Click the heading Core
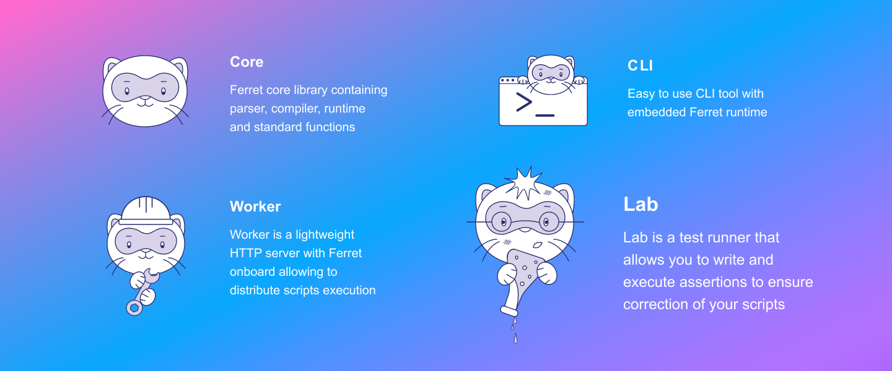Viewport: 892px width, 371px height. click(247, 62)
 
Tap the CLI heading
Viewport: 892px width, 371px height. click(640, 66)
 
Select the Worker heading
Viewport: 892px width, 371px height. click(255, 207)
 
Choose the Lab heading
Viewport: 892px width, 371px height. click(641, 205)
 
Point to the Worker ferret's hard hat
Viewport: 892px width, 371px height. click(146, 210)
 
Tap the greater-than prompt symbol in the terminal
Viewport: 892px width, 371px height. click(524, 102)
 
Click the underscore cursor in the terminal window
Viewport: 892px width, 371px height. click(544, 116)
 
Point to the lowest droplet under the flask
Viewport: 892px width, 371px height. click(515, 338)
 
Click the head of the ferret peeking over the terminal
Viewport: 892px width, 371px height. click(551, 74)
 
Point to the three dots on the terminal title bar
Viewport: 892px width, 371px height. click(507, 80)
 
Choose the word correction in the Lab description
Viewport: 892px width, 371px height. click(655, 305)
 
